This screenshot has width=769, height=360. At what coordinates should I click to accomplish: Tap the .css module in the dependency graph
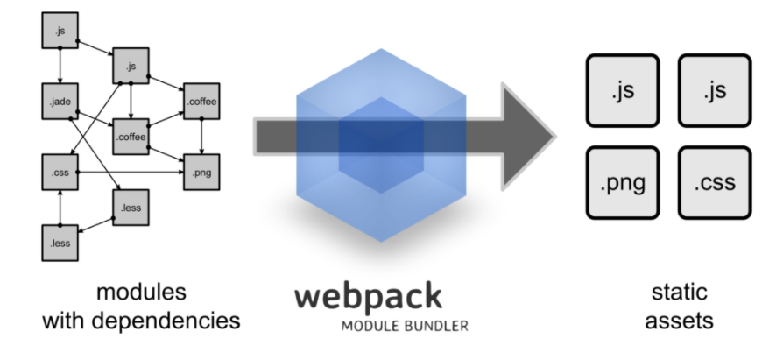coord(58,173)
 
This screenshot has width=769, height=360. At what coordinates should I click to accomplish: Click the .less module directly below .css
coord(58,243)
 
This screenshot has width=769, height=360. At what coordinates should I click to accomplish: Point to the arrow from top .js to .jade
coord(59,67)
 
